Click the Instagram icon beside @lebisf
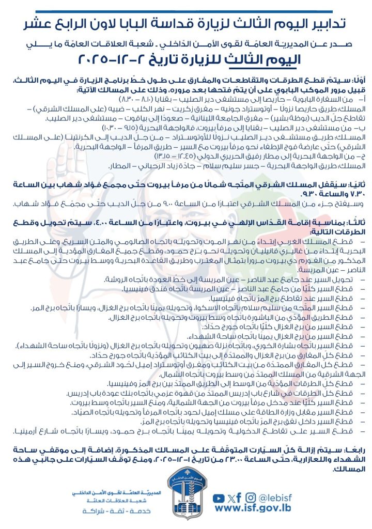(251, 498)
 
